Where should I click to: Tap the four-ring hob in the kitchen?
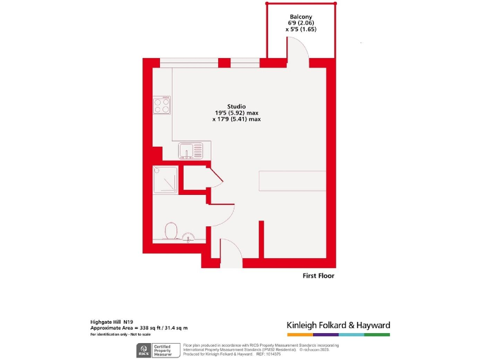162,105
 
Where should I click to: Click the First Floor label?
318,276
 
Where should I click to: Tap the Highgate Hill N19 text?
112,321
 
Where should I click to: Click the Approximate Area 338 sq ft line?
139,327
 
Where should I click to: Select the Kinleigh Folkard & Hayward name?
338,325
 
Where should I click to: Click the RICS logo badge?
143,350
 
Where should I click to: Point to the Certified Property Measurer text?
164,350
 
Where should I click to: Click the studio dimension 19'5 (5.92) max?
236,112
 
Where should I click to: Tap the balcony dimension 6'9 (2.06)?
301,23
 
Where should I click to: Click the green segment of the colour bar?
377,335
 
